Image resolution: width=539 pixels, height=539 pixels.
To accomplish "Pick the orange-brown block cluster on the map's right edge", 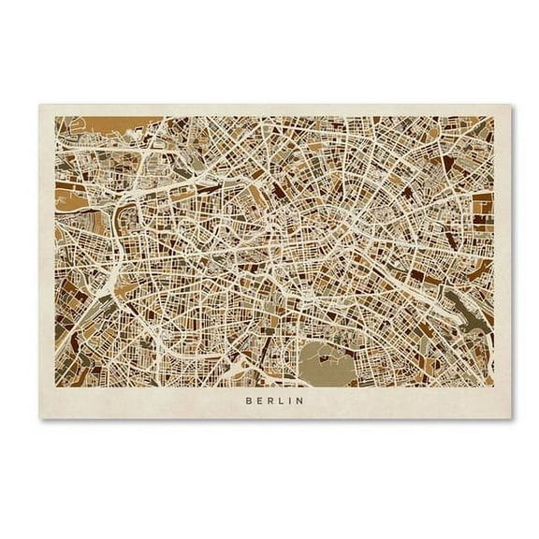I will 481,206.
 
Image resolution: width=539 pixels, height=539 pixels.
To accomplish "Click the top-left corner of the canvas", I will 38,103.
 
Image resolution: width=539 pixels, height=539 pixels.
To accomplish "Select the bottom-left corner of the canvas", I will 38,418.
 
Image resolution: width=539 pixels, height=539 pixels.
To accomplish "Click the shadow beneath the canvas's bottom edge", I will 271,422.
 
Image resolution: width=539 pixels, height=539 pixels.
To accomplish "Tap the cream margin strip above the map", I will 271,109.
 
